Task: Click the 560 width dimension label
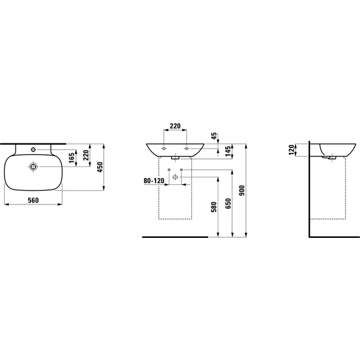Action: click(33, 200)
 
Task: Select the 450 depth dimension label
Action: click(100, 167)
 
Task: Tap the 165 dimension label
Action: click(72, 158)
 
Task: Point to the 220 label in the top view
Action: click(86, 156)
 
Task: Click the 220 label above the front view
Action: click(175, 126)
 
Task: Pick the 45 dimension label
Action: click(214, 136)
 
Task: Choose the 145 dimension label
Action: click(228, 151)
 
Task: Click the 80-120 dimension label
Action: click(154, 181)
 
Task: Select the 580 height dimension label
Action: click(214, 207)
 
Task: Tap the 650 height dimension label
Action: click(228, 203)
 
